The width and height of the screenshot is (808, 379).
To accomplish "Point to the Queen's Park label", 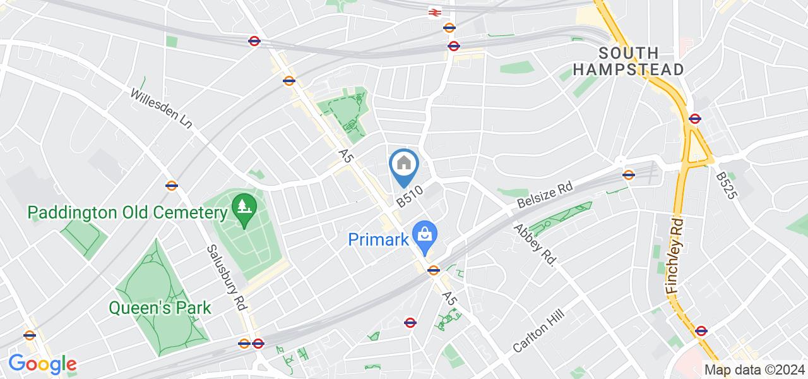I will [x=160, y=308].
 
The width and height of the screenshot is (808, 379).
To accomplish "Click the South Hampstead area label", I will [x=629, y=61].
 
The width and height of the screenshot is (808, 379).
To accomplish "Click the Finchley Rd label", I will [x=674, y=255].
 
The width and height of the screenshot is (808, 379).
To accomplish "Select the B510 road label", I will [x=409, y=195].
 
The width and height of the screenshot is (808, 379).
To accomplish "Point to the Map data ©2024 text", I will [x=754, y=370].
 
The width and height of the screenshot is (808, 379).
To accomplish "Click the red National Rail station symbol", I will [x=434, y=12].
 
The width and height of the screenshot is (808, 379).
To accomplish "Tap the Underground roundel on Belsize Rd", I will [x=628, y=175].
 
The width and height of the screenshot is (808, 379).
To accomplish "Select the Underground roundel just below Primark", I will [x=433, y=270].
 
